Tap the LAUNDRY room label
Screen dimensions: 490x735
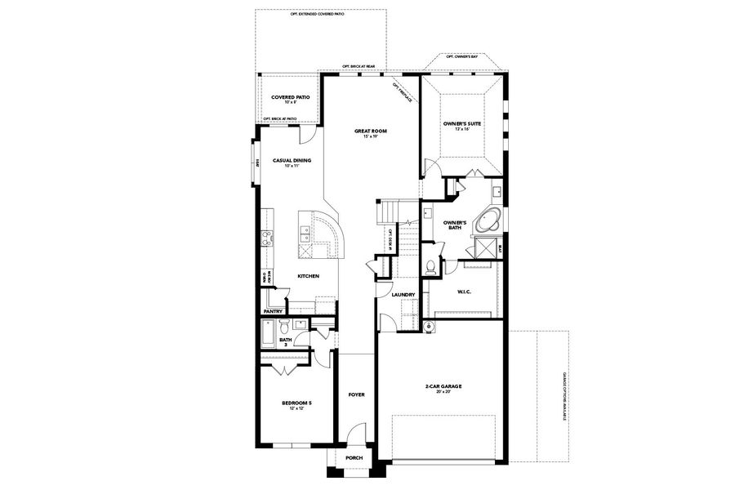tap(403, 295)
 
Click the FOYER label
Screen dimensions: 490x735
tap(356, 394)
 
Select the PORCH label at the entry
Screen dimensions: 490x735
tap(354, 457)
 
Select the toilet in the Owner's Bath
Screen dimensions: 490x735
tap(431, 266)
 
